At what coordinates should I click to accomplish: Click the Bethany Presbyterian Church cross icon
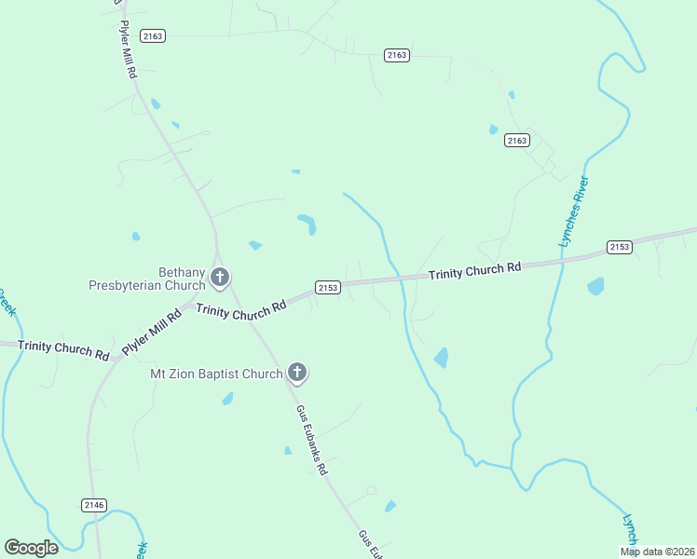click(x=220, y=277)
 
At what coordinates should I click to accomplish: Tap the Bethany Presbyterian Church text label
click(x=146, y=278)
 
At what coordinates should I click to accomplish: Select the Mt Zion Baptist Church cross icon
click(x=297, y=375)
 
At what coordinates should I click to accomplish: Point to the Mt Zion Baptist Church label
click(x=216, y=375)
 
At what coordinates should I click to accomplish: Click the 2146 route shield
click(x=94, y=505)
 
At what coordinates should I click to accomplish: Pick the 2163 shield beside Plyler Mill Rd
click(x=152, y=35)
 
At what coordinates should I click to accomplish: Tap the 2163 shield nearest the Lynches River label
click(x=517, y=140)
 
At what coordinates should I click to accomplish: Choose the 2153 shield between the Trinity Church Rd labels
click(x=327, y=287)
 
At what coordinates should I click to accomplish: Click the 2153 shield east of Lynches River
click(x=620, y=246)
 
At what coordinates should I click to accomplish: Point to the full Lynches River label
click(x=574, y=211)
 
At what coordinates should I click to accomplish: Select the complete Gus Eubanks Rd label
click(x=312, y=440)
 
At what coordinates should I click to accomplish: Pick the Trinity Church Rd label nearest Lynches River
click(x=474, y=271)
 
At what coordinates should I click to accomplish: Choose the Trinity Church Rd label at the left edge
click(x=62, y=348)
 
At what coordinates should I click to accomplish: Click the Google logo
click(x=31, y=548)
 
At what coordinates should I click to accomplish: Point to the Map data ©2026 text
click(x=657, y=552)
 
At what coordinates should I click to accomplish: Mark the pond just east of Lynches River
click(x=595, y=286)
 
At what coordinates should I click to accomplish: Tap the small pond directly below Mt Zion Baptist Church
click(x=226, y=400)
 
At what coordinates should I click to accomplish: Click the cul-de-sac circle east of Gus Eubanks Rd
click(x=372, y=490)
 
